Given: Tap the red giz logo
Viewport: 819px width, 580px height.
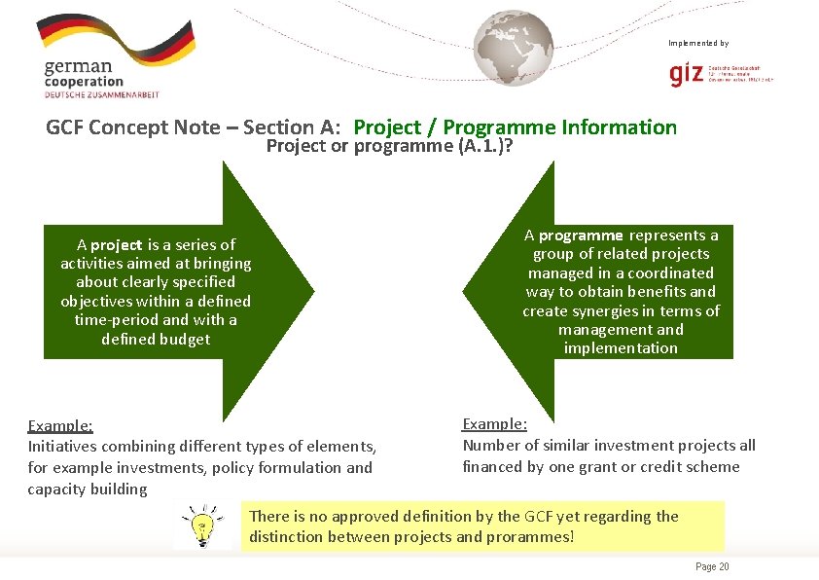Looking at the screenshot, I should point(687,74).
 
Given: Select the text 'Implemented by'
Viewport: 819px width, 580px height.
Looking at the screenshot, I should point(697,43).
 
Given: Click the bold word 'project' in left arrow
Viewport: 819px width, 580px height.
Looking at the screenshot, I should point(117,245).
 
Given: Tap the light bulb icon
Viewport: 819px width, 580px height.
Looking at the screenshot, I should point(202,526).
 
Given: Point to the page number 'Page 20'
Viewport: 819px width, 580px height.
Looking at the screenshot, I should point(712,567).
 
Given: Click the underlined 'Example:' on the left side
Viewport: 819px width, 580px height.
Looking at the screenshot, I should point(60,425).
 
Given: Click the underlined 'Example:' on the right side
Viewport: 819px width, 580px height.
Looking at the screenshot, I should point(495,424).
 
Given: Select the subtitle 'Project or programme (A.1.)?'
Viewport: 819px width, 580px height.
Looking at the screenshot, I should point(390,147).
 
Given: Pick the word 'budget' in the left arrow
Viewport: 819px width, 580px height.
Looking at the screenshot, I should point(186,339).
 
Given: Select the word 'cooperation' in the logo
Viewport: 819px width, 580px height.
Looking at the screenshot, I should point(84,83).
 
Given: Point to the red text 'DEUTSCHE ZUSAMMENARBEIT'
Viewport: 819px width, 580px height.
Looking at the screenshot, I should point(101,94).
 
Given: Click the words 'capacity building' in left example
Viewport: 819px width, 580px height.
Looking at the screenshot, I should point(88,489).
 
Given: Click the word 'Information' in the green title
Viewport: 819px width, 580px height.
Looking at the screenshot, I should point(620,127).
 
